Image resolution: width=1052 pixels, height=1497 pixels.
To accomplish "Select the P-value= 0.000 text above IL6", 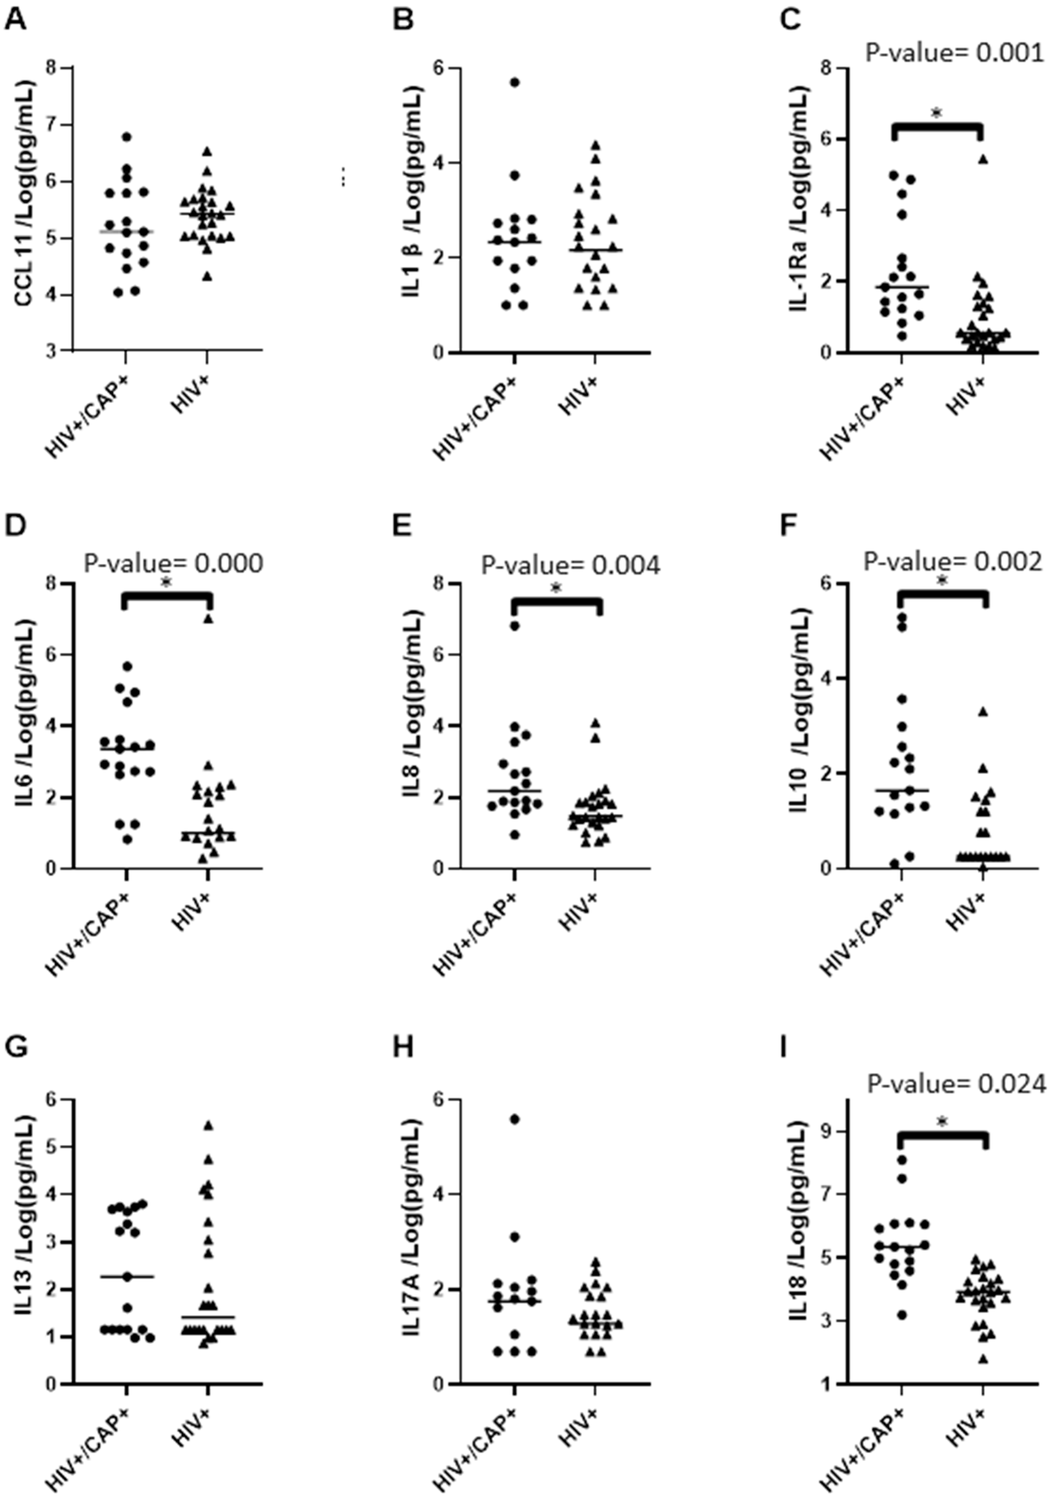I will tap(173, 563).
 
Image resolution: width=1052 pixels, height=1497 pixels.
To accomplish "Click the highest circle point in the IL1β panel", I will tap(515, 82).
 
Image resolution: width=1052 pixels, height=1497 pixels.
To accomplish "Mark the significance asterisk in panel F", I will tap(942, 580).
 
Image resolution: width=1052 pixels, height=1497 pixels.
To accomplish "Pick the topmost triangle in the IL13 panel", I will tap(208, 1125).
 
